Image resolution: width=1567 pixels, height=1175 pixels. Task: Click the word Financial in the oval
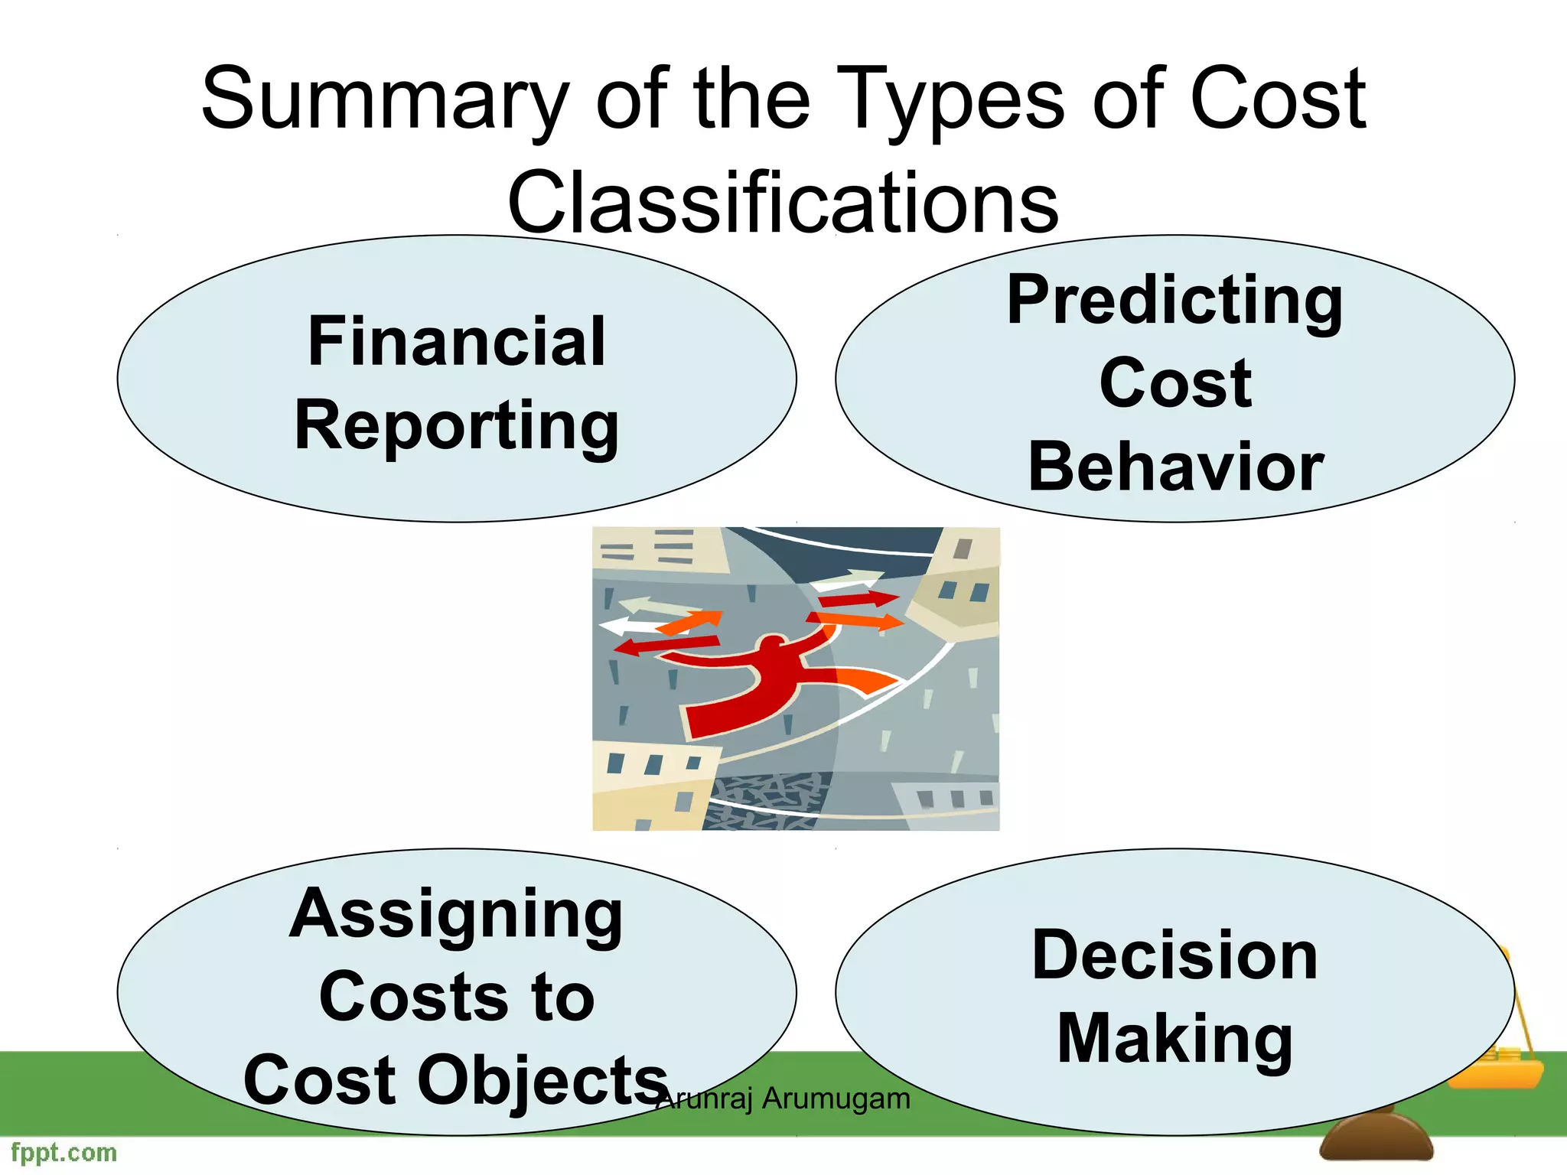pos(457,342)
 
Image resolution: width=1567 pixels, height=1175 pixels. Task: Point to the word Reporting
pos(457,427)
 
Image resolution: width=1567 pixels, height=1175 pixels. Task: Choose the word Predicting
pos(1174,301)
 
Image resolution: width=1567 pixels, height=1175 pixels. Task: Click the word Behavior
pos(1175,467)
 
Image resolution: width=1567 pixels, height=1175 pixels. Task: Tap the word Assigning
pos(457,915)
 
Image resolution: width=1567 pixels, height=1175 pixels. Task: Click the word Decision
pos(1174,955)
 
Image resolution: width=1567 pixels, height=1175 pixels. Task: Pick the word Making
pos(1174,1039)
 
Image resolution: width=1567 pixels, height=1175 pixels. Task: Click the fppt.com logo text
pos(64,1152)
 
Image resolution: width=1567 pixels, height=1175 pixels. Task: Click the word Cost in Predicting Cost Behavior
pos(1175,383)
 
